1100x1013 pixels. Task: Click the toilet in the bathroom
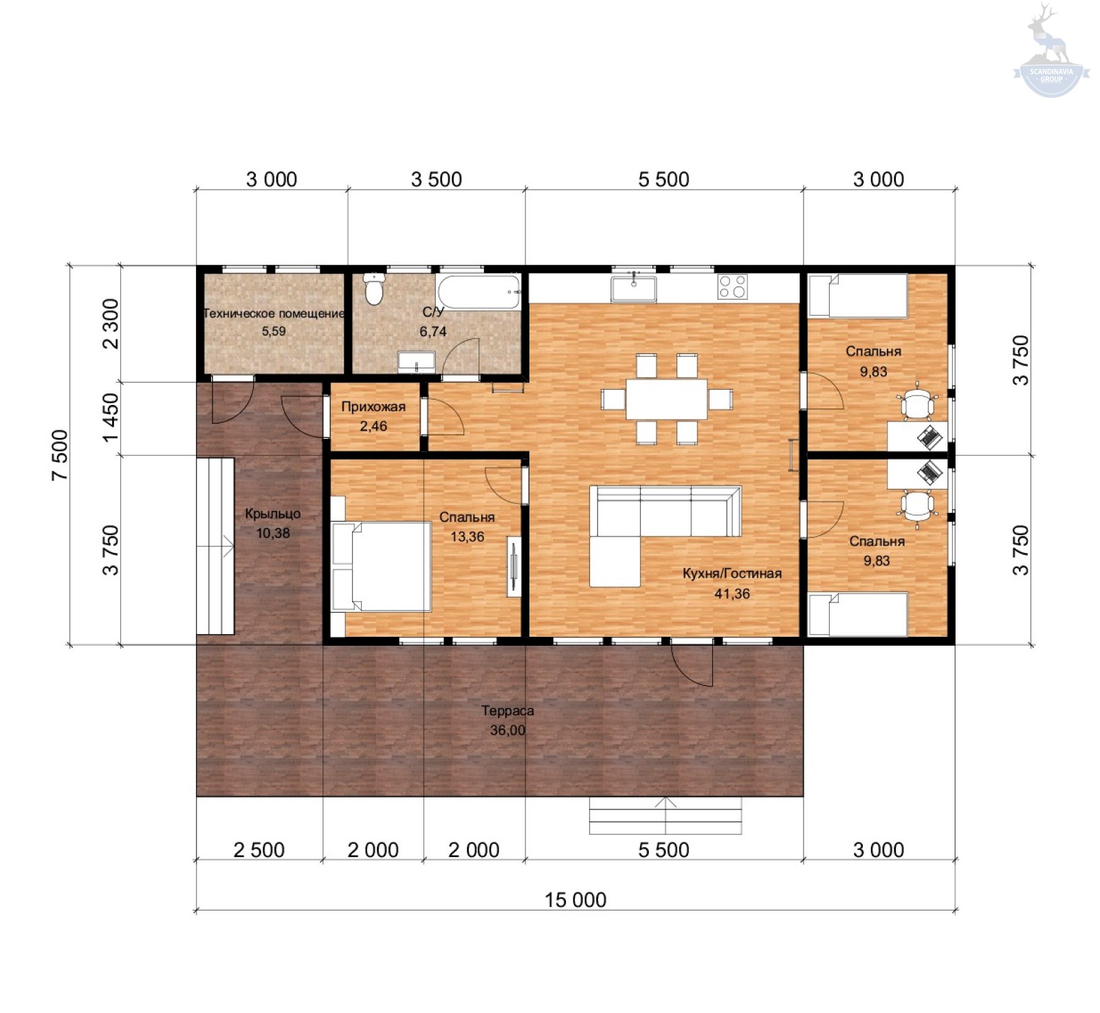(x=373, y=290)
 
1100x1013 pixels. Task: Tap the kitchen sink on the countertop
(x=633, y=288)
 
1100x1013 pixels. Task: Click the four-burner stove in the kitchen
(x=732, y=286)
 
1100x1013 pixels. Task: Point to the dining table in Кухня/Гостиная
(x=666, y=399)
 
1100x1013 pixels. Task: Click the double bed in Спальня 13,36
(x=381, y=566)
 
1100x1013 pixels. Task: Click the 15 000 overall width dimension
(x=575, y=900)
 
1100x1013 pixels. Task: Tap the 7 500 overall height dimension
(x=60, y=455)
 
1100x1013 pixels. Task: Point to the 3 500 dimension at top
(x=437, y=179)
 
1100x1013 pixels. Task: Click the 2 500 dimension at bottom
(x=258, y=850)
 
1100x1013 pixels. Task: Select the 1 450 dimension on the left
(x=110, y=418)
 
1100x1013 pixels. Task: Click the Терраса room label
(x=507, y=710)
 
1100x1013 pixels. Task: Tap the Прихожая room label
(x=373, y=406)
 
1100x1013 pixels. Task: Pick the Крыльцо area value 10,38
(x=273, y=533)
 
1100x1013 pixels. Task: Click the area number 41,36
(x=732, y=593)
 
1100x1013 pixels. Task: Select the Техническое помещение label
(x=274, y=314)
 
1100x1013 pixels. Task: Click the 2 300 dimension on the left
(x=110, y=323)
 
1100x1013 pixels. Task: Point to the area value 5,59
(x=274, y=331)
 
